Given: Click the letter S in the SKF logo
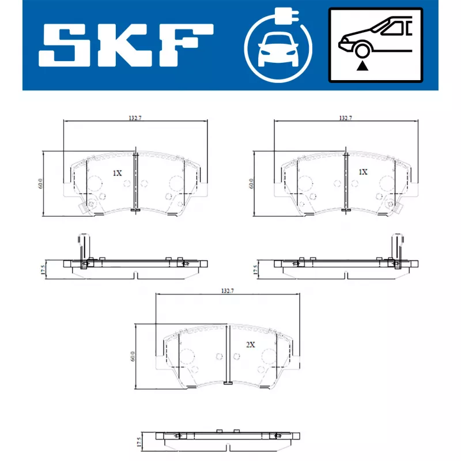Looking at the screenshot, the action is click(65, 45).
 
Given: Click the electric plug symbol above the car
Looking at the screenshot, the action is click(286, 16).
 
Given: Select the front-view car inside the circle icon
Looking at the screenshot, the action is click(278, 51).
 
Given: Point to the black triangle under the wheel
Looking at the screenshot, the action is click(362, 66).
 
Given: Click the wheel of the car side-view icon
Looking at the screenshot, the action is click(362, 51).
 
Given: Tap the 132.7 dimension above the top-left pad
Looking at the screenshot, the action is click(135, 118).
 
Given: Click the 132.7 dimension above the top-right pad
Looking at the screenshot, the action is click(345, 118).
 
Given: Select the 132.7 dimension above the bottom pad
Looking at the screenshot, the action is click(227, 291).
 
